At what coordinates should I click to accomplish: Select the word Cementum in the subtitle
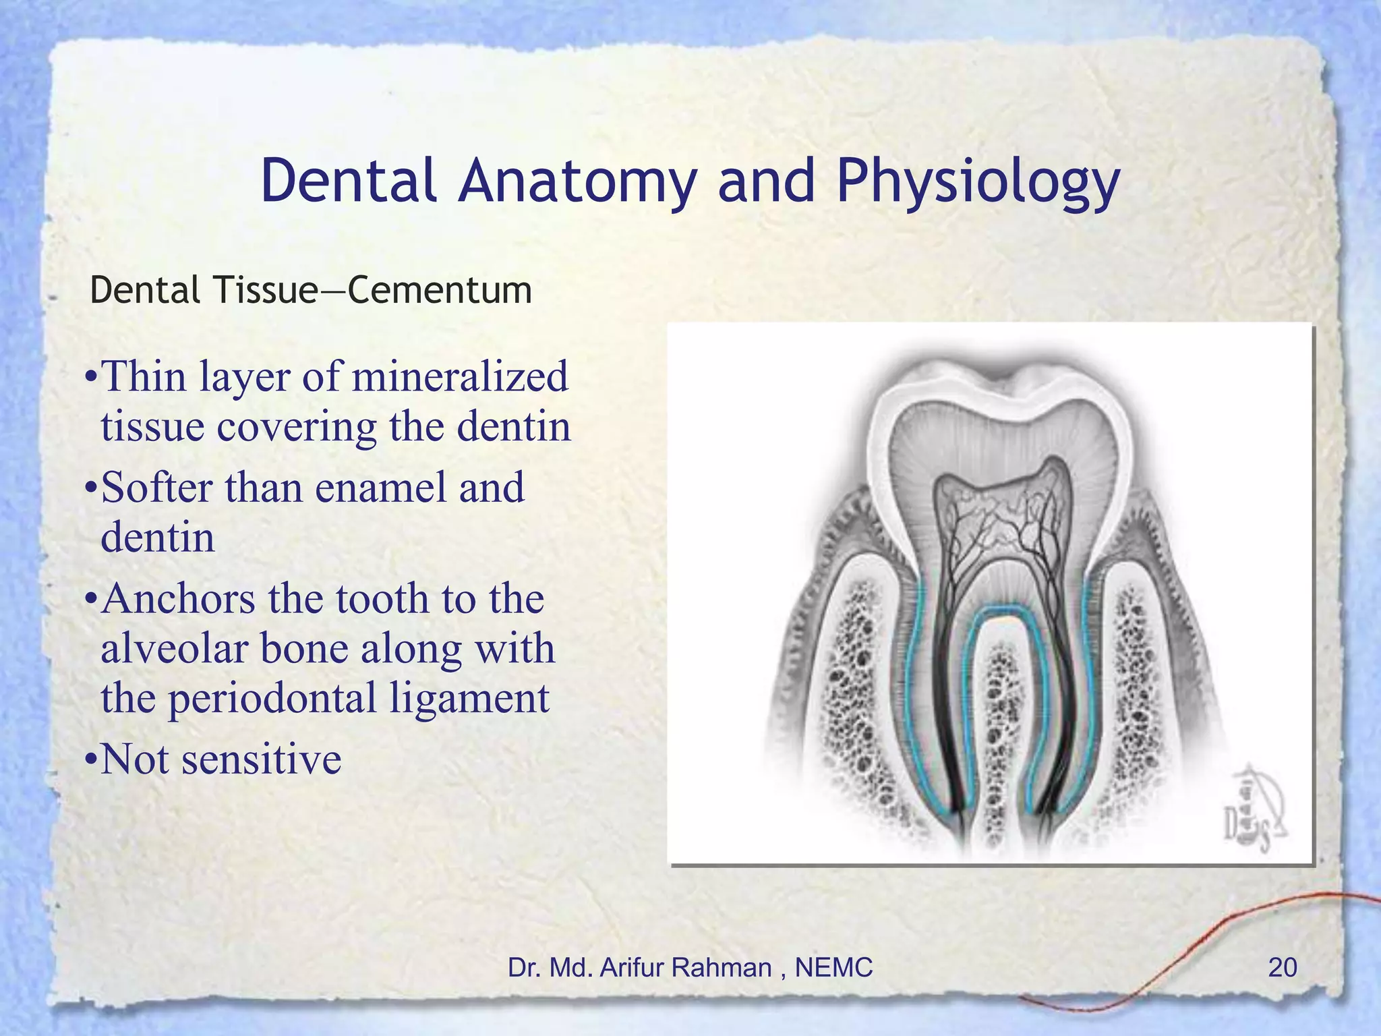tap(440, 291)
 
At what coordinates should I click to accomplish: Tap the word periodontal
tap(272, 699)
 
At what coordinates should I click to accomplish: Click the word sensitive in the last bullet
tap(262, 759)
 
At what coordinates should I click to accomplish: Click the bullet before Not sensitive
tap(90, 760)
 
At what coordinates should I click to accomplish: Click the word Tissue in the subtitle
tap(264, 291)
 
